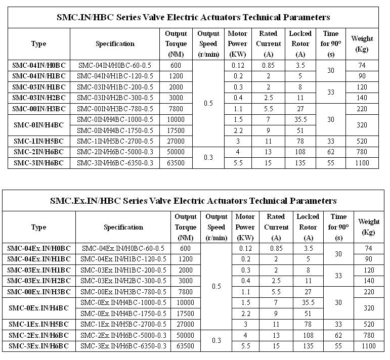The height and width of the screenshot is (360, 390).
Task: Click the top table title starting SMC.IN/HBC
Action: point(193,17)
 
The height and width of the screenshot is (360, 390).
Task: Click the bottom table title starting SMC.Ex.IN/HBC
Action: point(193,201)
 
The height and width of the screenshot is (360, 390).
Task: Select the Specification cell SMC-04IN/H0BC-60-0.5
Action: point(115,65)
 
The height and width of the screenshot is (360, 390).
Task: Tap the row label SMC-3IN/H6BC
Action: point(38,163)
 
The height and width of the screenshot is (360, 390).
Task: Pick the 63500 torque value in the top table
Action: point(176,163)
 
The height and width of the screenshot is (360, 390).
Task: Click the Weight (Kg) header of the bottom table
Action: point(369,227)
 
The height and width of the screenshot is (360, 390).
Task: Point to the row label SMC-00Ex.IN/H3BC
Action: point(38,291)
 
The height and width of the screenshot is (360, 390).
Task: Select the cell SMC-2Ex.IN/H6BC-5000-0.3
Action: point(123,336)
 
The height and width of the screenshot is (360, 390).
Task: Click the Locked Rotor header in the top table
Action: point(300,43)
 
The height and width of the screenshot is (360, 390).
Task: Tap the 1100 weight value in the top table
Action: point(362,163)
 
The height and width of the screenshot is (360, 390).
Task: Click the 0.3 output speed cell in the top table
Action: point(208,157)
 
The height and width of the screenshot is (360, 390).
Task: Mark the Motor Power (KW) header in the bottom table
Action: point(245,227)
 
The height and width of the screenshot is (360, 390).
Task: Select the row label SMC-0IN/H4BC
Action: point(38,124)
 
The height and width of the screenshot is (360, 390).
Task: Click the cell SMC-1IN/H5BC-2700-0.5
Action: point(115,141)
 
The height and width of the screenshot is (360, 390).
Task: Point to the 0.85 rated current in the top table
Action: point(268,65)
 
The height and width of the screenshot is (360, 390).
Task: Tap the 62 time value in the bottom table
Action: point(338,336)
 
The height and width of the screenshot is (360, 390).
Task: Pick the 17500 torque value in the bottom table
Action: point(185,313)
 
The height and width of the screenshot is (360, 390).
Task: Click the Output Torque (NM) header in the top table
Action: point(176,43)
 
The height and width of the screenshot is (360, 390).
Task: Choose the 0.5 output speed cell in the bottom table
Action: point(216,286)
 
